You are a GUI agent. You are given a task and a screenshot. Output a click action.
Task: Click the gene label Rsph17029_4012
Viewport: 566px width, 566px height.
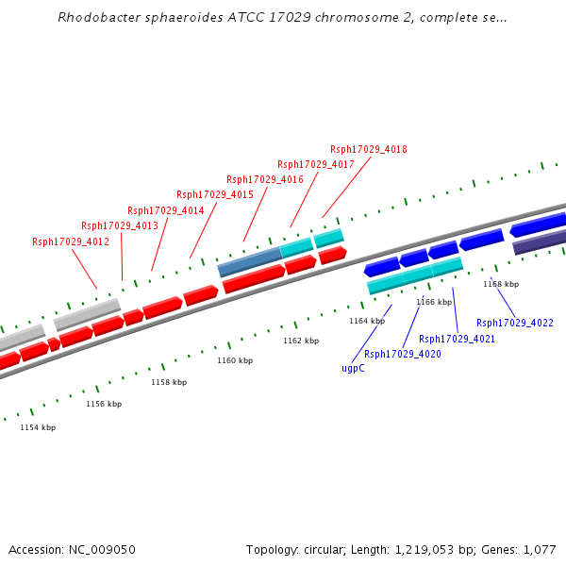(71, 241)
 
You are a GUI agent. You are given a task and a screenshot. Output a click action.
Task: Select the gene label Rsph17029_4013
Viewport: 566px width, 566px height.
(120, 225)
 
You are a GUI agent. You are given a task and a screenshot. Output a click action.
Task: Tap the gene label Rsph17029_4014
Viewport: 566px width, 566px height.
(166, 210)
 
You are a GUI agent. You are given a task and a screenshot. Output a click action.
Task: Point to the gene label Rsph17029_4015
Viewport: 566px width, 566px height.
(215, 194)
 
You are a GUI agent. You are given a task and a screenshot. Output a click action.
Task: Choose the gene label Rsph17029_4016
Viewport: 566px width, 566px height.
(265, 179)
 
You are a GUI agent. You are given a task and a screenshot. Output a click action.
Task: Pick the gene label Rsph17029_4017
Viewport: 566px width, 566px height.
(316, 164)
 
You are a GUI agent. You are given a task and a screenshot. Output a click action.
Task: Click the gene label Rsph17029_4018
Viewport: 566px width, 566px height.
(369, 149)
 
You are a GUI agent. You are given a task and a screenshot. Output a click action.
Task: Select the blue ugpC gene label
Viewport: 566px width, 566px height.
(353, 368)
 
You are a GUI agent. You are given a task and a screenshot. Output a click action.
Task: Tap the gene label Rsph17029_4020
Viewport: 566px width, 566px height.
(403, 354)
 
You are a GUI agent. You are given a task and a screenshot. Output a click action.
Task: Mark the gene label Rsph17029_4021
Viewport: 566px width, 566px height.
(458, 339)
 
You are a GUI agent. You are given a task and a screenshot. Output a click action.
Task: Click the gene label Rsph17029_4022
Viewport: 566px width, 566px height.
(515, 323)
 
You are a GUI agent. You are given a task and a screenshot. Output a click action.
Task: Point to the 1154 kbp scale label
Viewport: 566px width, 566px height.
(38, 427)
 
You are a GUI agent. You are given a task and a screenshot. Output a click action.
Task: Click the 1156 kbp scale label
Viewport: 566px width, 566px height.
(104, 404)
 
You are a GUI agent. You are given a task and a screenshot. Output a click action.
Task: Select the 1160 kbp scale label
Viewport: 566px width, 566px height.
(235, 360)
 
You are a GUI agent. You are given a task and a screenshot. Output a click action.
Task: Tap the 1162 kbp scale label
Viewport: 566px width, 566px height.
(301, 341)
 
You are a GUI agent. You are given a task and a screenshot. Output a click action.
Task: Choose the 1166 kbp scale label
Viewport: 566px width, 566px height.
(433, 302)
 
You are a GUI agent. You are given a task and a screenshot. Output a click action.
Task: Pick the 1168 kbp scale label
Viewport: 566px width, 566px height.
(501, 284)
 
